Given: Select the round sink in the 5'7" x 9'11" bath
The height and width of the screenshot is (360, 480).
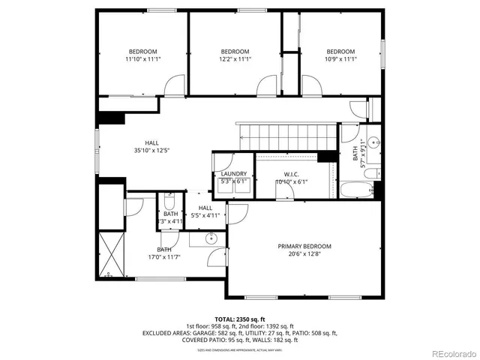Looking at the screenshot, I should tap(373, 140).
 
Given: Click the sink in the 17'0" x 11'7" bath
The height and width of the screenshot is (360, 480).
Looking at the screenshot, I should tap(211, 240).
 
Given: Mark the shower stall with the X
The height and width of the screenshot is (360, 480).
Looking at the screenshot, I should tap(110, 255).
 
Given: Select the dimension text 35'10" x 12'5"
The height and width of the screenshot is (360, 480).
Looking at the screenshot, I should tap(151, 150).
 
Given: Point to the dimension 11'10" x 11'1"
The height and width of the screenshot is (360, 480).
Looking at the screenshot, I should tap(142, 58).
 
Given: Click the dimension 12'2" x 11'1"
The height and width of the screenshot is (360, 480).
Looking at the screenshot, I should tap(235, 58).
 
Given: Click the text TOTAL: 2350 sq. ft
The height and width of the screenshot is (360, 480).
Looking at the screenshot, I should tap(240, 319).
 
